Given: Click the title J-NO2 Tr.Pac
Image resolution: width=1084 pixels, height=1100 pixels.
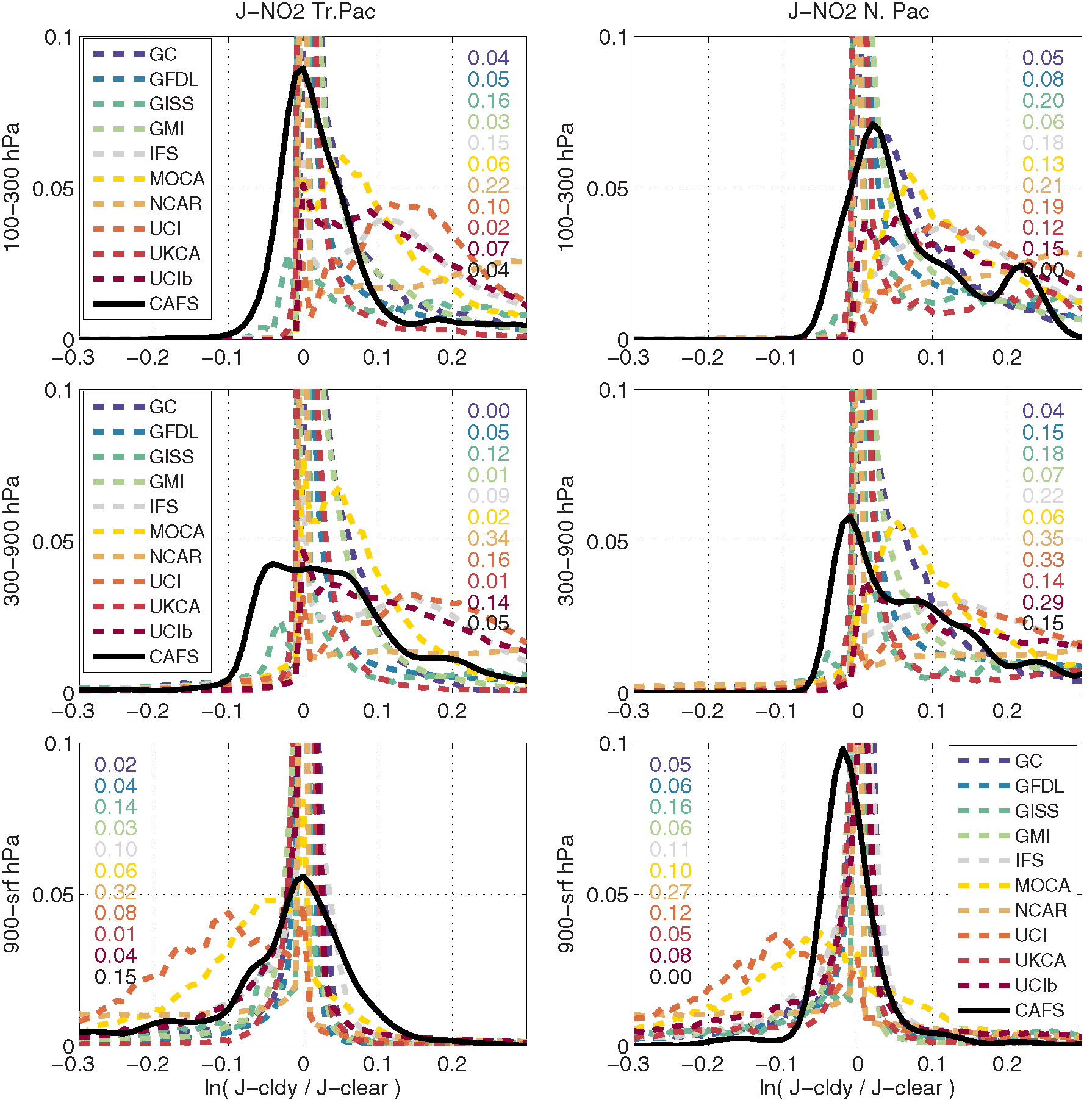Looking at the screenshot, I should click(x=305, y=12).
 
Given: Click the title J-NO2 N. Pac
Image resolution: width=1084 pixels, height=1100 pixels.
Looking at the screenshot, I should click(x=858, y=12).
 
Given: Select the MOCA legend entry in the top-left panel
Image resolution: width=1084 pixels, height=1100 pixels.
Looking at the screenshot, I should click(x=177, y=179).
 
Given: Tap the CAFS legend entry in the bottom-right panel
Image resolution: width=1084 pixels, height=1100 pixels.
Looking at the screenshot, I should click(x=1039, y=1010).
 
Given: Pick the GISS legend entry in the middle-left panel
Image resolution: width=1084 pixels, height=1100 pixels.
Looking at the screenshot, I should click(x=171, y=457).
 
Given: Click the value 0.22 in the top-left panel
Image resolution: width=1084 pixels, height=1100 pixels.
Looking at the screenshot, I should click(x=489, y=185).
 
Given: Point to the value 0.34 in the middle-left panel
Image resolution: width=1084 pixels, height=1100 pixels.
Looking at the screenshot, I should click(x=489, y=538).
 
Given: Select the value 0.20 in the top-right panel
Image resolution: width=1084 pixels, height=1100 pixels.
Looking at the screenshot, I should click(x=1043, y=101).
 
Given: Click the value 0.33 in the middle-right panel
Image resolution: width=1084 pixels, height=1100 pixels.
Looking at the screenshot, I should click(x=1043, y=560).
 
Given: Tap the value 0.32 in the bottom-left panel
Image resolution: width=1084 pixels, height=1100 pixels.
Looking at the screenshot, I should click(x=115, y=892).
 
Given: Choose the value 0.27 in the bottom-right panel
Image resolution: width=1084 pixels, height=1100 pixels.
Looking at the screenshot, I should click(x=670, y=892).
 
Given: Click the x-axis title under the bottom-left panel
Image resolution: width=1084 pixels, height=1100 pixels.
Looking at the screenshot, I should click(x=303, y=1088).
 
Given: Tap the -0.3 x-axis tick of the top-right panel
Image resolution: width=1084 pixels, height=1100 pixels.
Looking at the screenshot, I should click(x=628, y=357).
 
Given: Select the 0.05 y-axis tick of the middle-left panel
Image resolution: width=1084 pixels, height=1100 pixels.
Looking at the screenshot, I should click(x=52, y=541).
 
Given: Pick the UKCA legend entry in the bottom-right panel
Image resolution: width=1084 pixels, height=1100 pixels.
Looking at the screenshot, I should click(x=1040, y=960).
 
